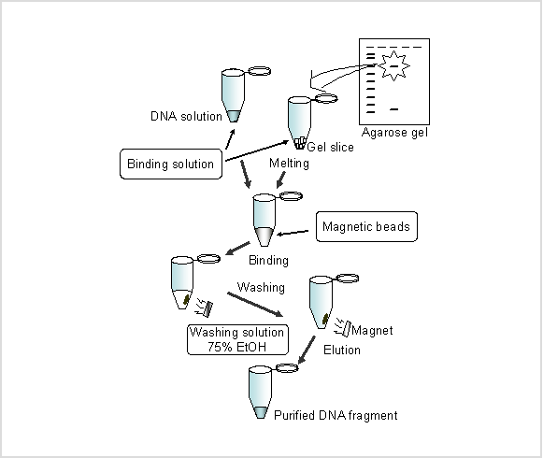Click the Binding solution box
[171, 164]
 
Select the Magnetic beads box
[366, 226]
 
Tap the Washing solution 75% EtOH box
[237, 339]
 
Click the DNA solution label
[186, 117]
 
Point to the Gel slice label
[330, 148]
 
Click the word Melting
[289, 164]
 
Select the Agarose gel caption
[394, 133]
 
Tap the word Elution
[342, 350]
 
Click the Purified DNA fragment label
[336, 415]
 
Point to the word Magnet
[372, 331]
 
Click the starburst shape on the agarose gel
[393, 65]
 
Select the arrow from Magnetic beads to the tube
[293, 233]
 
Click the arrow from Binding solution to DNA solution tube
[230, 139]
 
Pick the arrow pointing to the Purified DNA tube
[307, 350]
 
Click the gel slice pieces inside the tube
[300, 142]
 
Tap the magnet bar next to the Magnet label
[347, 329]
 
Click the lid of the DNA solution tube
[260, 71]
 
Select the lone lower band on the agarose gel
[393, 109]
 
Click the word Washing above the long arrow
[261, 287]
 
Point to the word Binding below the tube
[269, 260]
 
